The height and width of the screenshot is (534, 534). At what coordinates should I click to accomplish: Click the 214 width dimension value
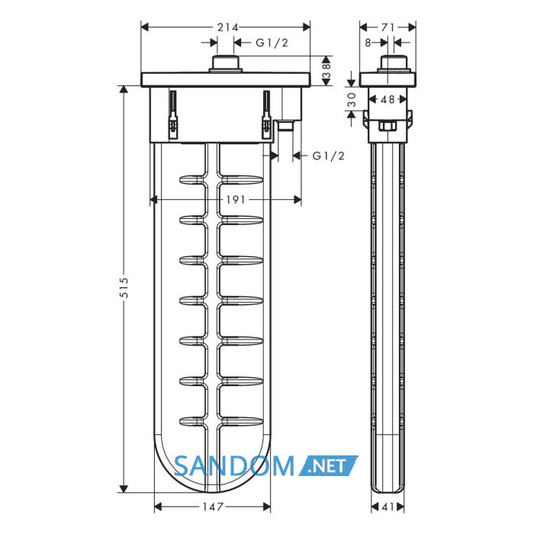(228, 27)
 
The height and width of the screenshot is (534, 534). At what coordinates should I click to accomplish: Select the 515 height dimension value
(125, 288)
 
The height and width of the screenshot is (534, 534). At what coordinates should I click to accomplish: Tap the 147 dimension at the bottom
(213, 507)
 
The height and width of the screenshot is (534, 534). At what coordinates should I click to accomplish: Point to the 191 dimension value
(235, 200)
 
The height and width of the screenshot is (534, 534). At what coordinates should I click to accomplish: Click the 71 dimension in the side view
(388, 27)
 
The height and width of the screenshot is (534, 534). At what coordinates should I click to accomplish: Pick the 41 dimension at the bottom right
(388, 507)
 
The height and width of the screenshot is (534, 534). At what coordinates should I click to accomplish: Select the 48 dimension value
(388, 99)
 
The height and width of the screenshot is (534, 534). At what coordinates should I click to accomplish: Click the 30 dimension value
(352, 99)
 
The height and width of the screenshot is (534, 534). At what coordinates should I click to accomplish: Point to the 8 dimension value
(368, 43)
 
